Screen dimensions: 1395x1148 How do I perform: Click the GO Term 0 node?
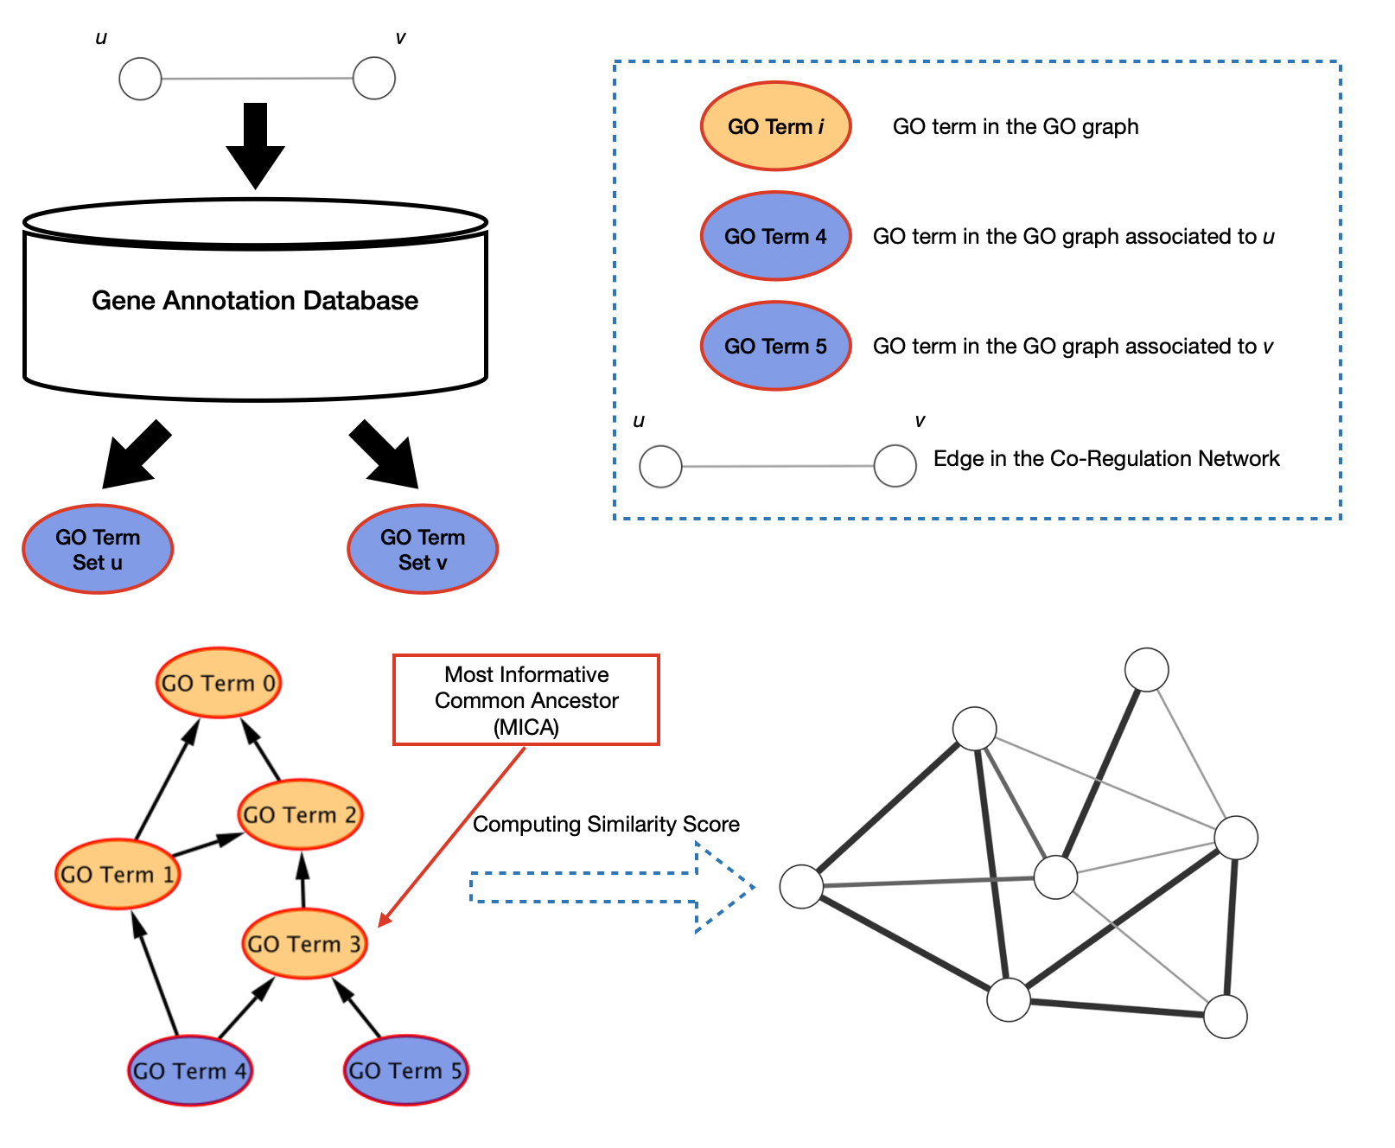pyautogui.click(x=219, y=683)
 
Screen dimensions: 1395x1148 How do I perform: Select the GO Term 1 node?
pyautogui.click(x=118, y=874)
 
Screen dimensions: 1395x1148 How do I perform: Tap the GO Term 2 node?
pyautogui.click(x=300, y=814)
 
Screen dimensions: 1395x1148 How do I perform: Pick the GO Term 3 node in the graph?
pyautogui.click(x=304, y=943)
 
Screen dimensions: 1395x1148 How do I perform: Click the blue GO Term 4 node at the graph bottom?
pyautogui.click(x=189, y=1070)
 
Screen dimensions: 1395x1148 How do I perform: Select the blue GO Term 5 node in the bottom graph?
pyautogui.click(x=405, y=1070)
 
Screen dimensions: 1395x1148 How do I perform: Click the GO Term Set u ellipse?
pyautogui.click(x=98, y=549)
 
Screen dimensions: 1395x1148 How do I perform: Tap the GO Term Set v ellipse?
pyautogui.click(x=423, y=549)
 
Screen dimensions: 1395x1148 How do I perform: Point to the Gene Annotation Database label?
pyautogui.click(x=255, y=300)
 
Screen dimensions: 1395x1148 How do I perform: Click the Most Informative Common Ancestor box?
pyautogui.click(x=526, y=700)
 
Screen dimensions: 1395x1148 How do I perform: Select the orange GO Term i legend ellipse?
pyautogui.click(x=776, y=126)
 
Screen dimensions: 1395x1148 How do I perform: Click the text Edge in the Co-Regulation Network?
pyautogui.click(x=1106, y=458)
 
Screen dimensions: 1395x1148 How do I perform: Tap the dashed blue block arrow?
pyautogui.click(x=612, y=888)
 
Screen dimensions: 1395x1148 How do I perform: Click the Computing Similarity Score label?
pyautogui.click(x=606, y=824)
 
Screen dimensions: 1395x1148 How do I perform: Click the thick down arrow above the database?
pyautogui.click(x=255, y=145)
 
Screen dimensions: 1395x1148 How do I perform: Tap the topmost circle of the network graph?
pyautogui.click(x=1147, y=670)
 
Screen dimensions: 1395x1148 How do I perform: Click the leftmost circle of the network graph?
pyautogui.click(x=801, y=886)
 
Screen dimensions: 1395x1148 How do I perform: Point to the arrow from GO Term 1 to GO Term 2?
pyautogui.click(x=207, y=845)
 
